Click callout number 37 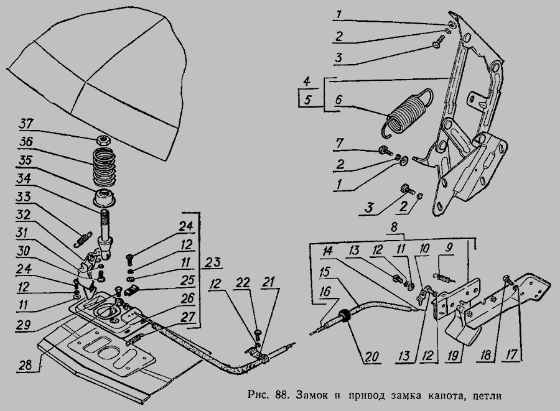pyautogui.click(x=27, y=122)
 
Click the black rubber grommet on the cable pyautogui.click(x=344, y=316)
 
